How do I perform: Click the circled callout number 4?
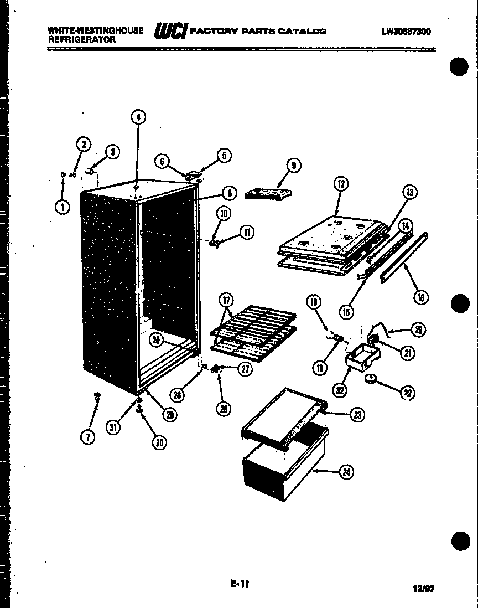[x=138, y=117]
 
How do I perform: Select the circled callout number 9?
[x=293, y=165]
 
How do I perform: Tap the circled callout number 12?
[x=341, y=183]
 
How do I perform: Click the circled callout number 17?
[x=226, y=301]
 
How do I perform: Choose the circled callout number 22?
[x=407, y=393]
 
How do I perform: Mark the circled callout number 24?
[x=347, y=472]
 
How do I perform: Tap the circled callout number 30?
[x=159, y=442]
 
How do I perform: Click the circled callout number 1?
[x=63, y=207]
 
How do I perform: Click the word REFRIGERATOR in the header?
[x=82, y=40]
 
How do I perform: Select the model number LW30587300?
[x=406, y=32]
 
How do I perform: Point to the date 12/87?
[x=424, y=589]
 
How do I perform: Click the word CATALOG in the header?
[x=302, y=32]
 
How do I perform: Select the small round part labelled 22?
[x=371, y=379]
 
